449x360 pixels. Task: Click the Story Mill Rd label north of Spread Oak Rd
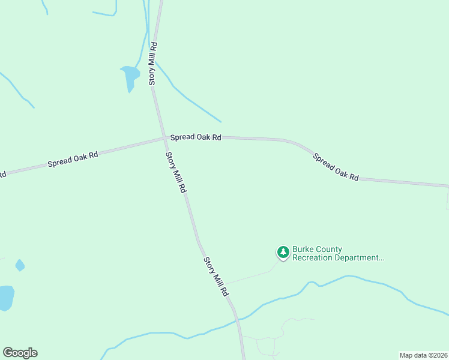pos(153,62)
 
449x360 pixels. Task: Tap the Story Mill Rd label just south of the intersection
pos(176,172)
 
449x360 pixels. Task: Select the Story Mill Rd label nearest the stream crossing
pos(215,277)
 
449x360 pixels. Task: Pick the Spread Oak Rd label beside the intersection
pos(196,137)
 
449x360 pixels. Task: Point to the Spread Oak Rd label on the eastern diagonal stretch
pos(336,167)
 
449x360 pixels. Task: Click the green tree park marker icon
pos(283,253)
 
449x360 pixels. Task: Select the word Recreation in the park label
pos(315,258)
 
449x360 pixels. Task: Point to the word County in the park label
pos(330,249)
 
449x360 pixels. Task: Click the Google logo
pos(20,353)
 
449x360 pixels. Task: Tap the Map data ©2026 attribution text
pos(423,355)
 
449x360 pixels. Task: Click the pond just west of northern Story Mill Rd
pos(130,76)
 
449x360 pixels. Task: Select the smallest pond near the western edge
pos(20,265)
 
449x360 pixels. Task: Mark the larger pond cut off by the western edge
pos(5,297)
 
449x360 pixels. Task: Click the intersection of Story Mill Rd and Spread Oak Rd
pos(166,139)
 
